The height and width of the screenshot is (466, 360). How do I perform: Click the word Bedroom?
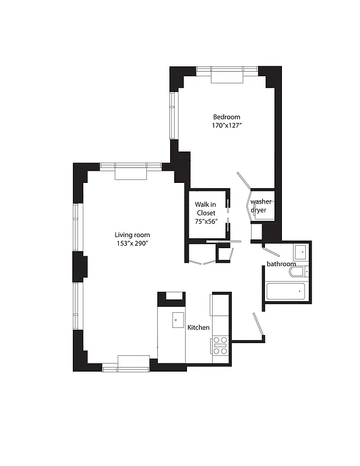click(x=226, y=116)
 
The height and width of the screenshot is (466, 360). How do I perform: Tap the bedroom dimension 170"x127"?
click(x=226, y=125)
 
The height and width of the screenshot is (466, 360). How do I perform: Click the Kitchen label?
click(x=198, y=327)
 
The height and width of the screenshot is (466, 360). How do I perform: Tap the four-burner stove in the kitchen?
click(x=220, y=345)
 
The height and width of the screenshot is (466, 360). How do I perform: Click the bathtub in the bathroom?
click(x=286, y=291)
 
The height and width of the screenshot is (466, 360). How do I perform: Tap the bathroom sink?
click(x=299, y=252)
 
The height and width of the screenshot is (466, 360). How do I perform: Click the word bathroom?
click(x=281, y=264)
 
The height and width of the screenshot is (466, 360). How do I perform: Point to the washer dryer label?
click(x=260, y=206)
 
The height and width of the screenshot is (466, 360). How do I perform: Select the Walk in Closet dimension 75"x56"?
click(x=206, y=221)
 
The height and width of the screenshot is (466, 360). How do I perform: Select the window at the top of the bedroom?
click(x=227, y=70)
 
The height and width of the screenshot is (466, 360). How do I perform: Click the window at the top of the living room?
click(x=130, y=167)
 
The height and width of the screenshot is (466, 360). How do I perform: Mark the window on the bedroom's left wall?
click(x=172, y=115)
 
